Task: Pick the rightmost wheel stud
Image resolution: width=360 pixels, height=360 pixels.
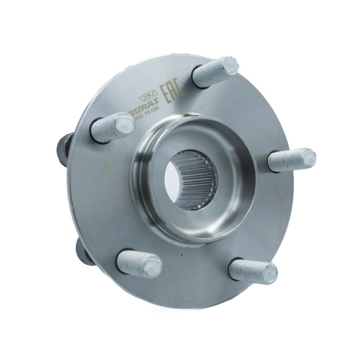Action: coord(291,159)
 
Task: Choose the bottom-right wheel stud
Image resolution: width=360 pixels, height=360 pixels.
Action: coord(252,271)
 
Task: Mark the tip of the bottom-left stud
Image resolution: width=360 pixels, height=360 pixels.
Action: coord(153,266)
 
